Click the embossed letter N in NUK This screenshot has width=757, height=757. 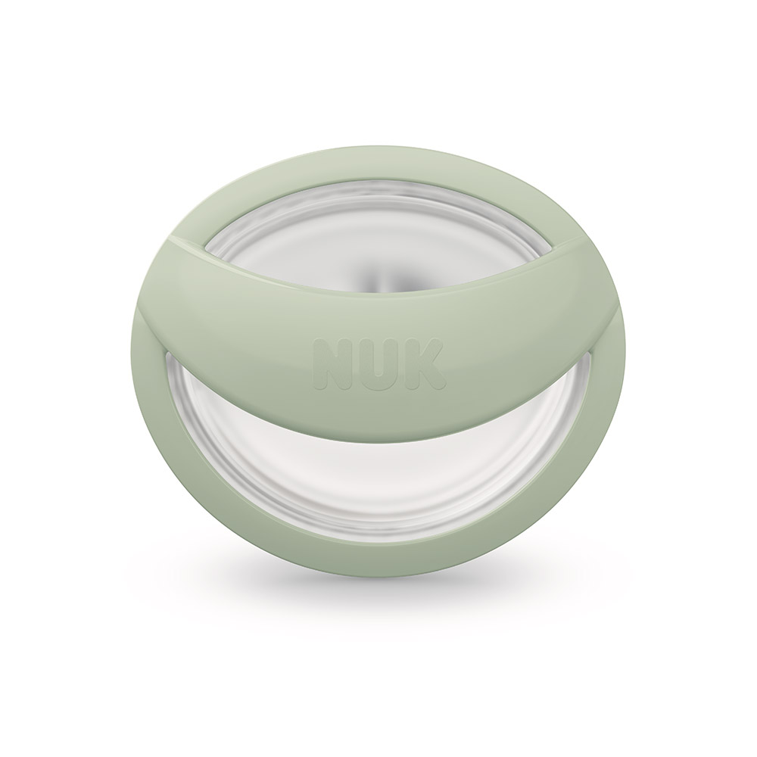point(332,363)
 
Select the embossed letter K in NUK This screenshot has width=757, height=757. point(425,363)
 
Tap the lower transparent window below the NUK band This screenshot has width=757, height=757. point(379,488)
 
